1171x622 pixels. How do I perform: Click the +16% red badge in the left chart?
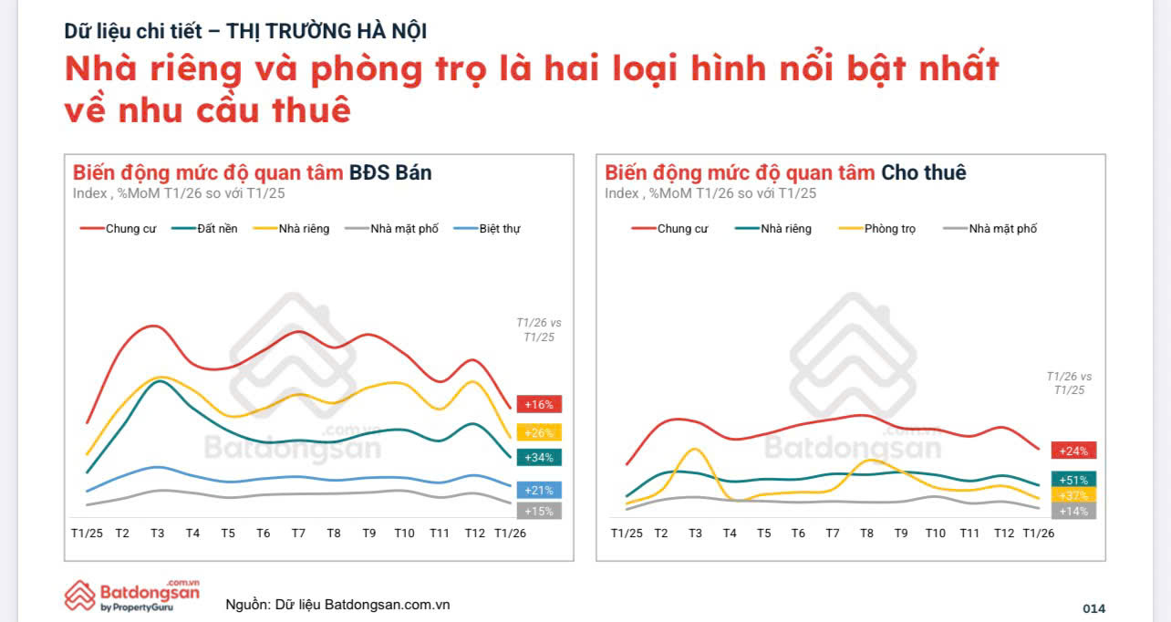[538, 404]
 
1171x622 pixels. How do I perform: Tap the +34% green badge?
[538, 457]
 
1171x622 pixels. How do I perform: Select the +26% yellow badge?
[538, 432]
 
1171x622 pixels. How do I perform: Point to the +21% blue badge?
[538, 490]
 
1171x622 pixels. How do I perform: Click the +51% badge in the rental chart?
[1073, 480]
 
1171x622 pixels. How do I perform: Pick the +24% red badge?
[1073, 450]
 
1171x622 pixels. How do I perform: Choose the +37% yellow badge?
[1073, 495]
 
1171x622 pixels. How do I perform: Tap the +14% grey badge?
[1073, 511]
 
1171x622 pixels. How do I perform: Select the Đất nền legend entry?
[216, 229]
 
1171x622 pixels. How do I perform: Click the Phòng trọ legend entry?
[889, 229]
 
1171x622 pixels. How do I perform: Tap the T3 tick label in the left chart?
[157, 533]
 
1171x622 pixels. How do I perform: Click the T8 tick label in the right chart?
[867, 533]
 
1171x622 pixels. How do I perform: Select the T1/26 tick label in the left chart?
[509, 533]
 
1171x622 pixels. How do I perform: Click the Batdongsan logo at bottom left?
[132, 595]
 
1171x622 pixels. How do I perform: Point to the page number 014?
[1093, 608]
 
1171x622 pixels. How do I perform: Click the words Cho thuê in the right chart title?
[923, 172]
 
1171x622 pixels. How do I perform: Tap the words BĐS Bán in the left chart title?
[390, 172]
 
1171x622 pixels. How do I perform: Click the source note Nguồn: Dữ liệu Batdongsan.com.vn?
[337, 605]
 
